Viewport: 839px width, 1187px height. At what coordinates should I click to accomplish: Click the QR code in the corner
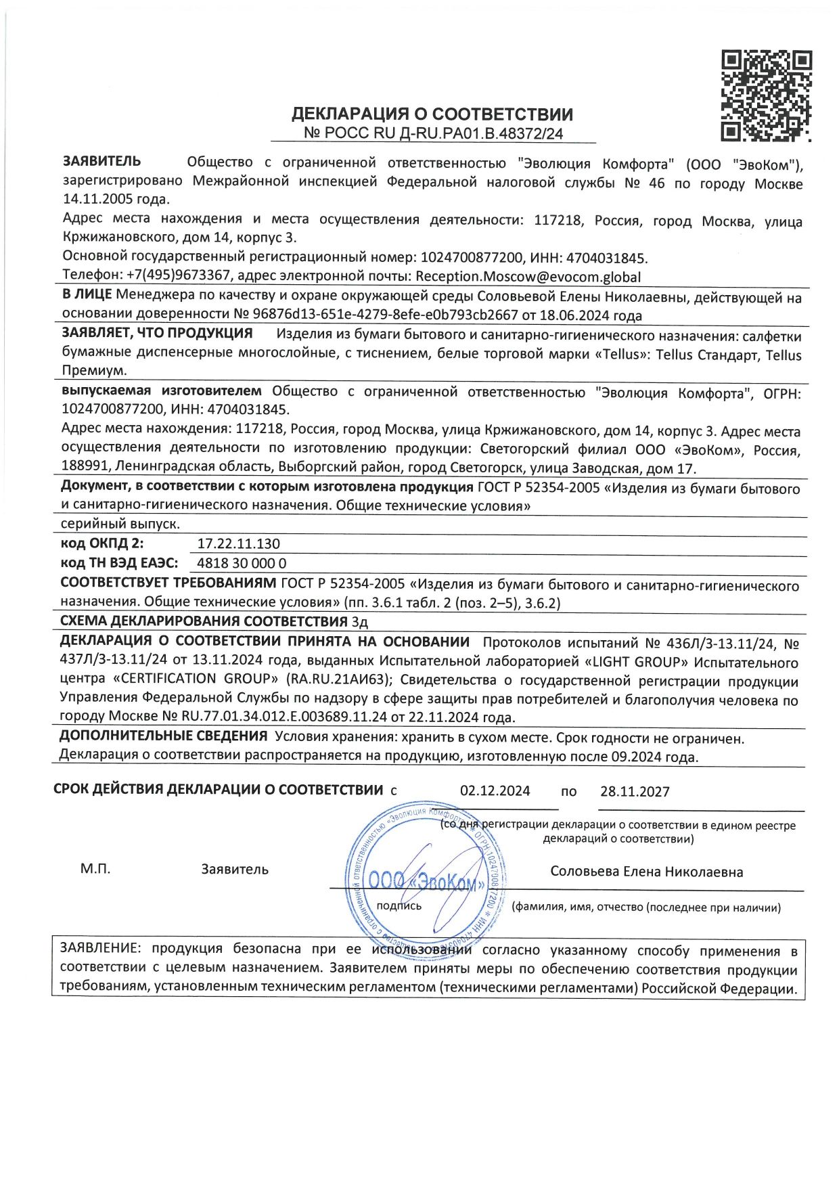point(766,95)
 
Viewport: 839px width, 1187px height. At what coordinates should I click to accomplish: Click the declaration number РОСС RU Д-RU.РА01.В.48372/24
point(433,133)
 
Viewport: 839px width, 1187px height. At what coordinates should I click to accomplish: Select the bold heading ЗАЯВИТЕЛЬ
point(102,161)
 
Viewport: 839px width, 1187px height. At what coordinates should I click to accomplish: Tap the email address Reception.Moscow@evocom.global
point(528,276)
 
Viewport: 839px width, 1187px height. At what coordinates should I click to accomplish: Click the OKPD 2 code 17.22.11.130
point(238,543)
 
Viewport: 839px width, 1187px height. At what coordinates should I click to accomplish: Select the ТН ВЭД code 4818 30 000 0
point(242,563)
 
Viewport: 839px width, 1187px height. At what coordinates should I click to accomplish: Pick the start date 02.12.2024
point(495,791)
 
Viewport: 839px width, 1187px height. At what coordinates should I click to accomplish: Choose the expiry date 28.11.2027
point(635,791)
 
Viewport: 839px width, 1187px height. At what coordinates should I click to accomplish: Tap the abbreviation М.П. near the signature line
point(95,869)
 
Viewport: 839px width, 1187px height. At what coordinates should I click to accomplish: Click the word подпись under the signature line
point(399,905)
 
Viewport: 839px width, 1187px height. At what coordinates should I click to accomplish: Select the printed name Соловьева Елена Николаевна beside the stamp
point(646,872)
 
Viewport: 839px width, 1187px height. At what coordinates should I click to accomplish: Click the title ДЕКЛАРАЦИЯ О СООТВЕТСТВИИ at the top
point(432,114)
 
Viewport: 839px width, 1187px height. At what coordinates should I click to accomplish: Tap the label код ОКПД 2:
point(102,543)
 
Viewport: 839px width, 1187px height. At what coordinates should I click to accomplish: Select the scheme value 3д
point(359,621)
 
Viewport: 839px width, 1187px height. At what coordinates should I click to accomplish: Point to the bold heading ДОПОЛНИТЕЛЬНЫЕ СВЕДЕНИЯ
point(163,736)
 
